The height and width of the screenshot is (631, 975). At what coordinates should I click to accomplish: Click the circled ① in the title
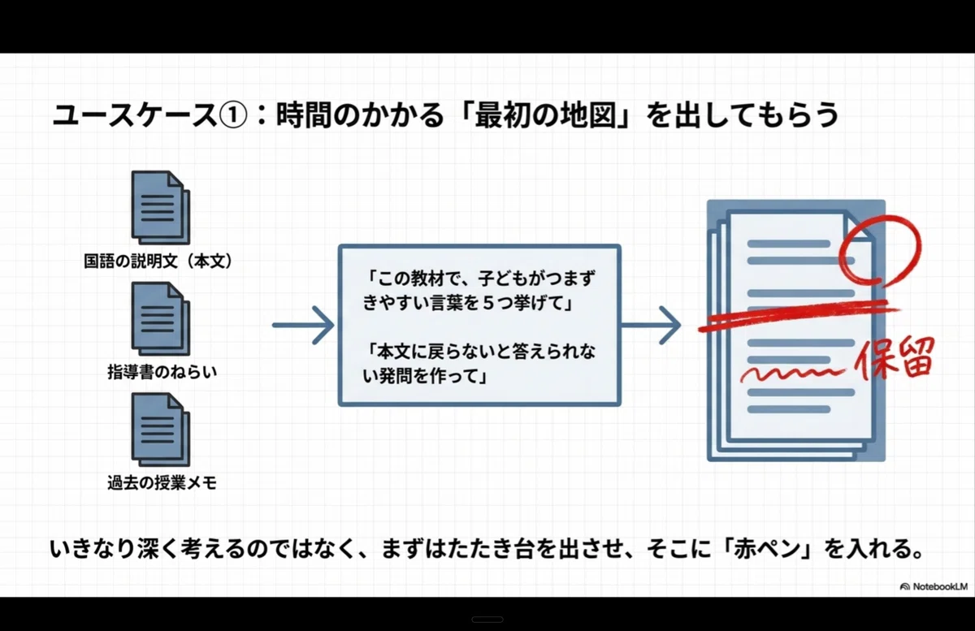tap(233, 115)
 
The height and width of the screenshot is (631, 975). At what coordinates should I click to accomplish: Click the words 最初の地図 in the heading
tap(546, 115)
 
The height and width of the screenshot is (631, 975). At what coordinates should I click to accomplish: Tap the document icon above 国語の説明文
tap(161, 207)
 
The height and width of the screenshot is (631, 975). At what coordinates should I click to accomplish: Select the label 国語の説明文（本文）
tap(158, 261)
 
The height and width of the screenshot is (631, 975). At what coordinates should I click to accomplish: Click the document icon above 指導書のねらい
tap(161, 318)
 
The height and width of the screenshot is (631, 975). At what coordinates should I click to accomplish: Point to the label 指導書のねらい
tap(162, 372)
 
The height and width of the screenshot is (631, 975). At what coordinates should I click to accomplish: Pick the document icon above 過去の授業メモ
tap(161, 430)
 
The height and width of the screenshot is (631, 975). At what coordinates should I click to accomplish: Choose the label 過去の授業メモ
tap(162, 483)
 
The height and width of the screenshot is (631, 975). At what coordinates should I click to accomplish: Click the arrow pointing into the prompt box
tap(303, 325)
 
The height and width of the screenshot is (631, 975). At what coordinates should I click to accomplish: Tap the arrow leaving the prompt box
tap(651, 325)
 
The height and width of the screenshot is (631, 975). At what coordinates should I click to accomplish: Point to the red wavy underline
tap(792, 374)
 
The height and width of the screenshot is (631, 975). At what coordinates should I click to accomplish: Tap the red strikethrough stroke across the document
tap(799, 315)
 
